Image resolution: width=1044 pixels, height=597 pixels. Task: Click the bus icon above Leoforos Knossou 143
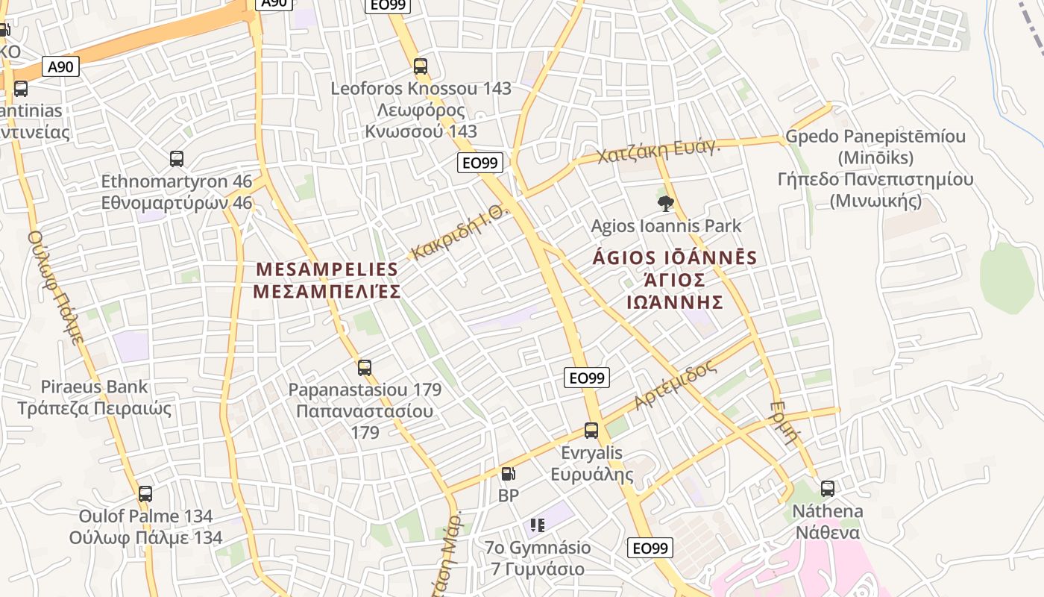pos(421,66)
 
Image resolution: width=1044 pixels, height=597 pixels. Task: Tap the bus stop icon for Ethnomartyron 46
pos(177,159)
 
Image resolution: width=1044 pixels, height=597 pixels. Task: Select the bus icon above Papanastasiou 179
pos(365,368)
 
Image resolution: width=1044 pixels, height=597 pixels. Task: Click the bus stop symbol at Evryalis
pos(591,431)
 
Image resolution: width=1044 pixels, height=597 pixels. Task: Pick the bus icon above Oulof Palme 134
pos(145,494)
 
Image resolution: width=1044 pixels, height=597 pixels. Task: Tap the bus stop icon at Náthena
pos(828,490)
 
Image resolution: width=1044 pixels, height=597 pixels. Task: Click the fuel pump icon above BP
pos(508,473)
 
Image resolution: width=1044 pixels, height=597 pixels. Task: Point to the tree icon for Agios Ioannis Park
pos(666,203)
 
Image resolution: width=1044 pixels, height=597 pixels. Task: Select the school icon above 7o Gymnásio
pos(538,525)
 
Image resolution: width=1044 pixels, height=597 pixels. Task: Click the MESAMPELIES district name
pos(327,269)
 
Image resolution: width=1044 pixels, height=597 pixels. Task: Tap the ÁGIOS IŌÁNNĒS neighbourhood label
pos(675,259)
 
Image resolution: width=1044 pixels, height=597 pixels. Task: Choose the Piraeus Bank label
pos(94,387)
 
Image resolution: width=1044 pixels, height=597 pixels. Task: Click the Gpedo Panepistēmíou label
pos(875,137)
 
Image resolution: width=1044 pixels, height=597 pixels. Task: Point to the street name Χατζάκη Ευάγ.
pos(658,151)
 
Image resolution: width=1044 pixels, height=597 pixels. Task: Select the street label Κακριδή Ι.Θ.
pos(460,232)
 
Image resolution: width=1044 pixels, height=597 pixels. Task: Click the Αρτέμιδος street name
pos(675,385)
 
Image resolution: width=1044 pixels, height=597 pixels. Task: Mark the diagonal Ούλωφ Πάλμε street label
pos(56,287)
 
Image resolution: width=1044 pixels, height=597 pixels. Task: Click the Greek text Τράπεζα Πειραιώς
pos(94,409)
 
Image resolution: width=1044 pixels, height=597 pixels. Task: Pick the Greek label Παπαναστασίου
pos(365,411)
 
